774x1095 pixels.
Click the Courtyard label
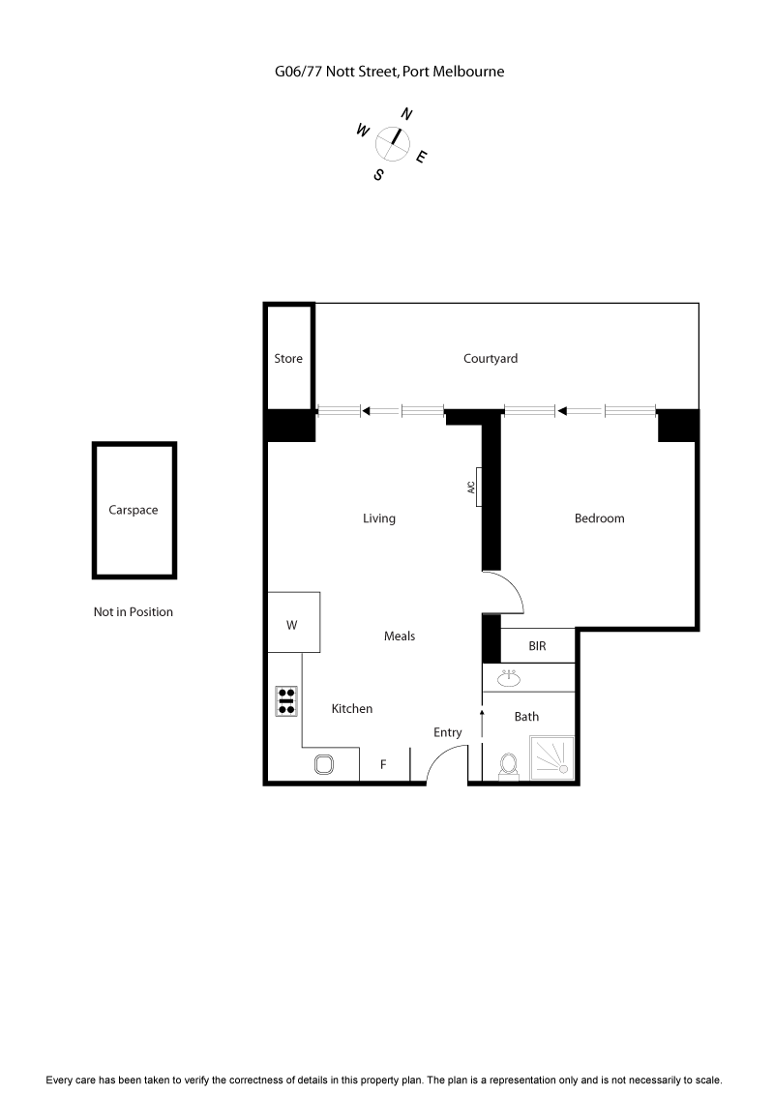click(x=491, y=358)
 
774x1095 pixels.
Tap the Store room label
click(x=288, y=358)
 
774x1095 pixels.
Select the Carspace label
click(x=134, y=510)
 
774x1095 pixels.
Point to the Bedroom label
click(x=599, y=518)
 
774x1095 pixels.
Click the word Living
click(x=379, y=518)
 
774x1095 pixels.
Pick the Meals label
click(x=400, y=636)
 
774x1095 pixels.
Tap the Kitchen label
click(x=352, y=708)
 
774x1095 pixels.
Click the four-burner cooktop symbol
click(x=286, y=700)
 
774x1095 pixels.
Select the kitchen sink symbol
click(x=324, y=764)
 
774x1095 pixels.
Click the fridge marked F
click(x=383, y=764)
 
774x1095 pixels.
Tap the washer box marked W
click(x=292, y=625)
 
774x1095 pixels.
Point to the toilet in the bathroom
click(x=507, y=765)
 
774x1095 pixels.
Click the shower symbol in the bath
click(x=551, y=755)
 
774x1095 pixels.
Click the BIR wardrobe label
click(x=538, y=645)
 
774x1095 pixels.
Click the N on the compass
click(x=406, y=114)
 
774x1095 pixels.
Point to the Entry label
click(x=447, y=732)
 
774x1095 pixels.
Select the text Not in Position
click(x=134, y=611)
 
